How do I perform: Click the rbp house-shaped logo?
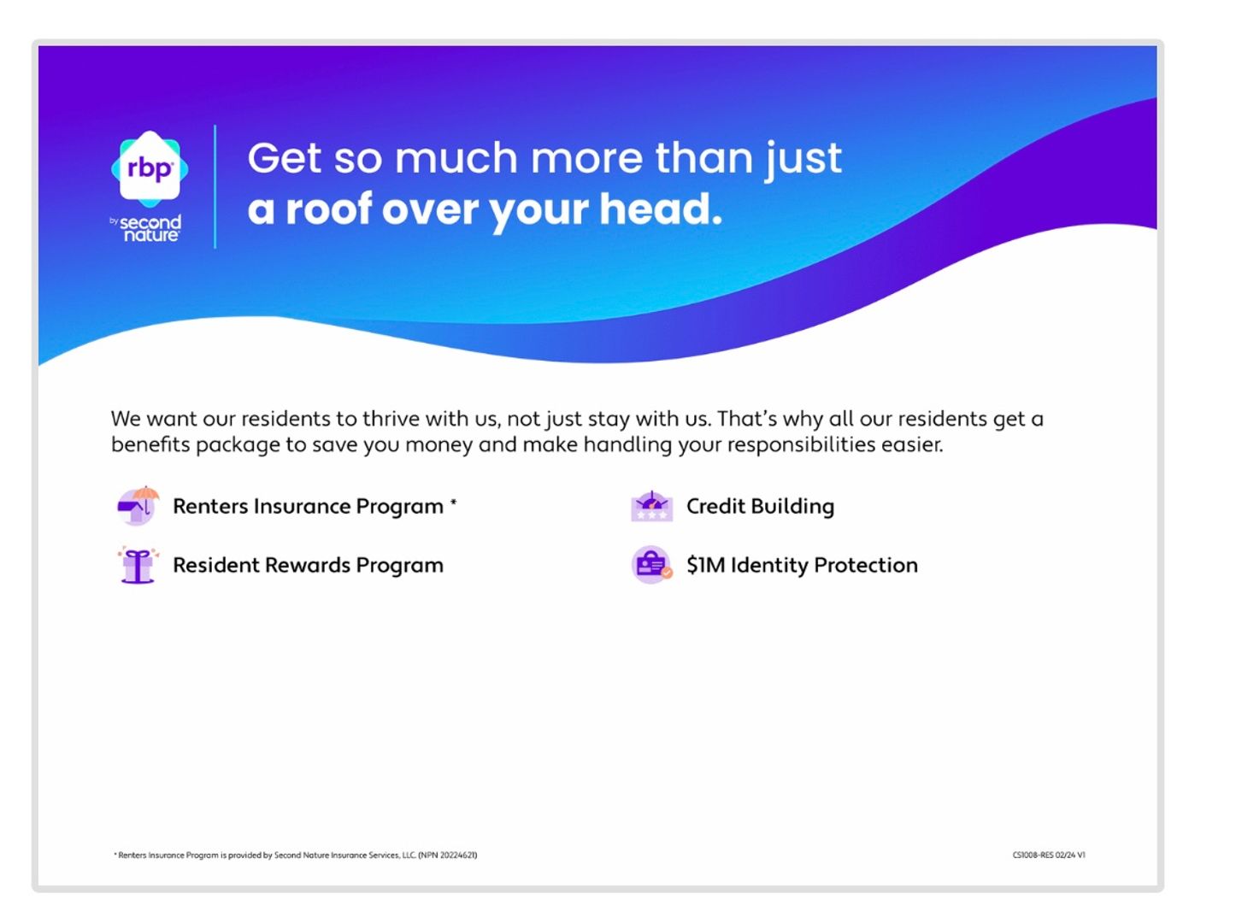[x=150, y=168]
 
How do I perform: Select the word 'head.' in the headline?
[x=661, y=209]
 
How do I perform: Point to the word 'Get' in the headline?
[x=285, y=158]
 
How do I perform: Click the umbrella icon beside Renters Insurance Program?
[x=138, y=505]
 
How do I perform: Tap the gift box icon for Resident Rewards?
[x=138, y=565]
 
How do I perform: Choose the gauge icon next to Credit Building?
[x=651, y=505]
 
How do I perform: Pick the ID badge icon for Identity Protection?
[x=651, y=565]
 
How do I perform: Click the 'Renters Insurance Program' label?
[x=308, y=507]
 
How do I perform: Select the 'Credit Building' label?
[x=760, y=506]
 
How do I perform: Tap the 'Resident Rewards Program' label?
[x=308, y=565]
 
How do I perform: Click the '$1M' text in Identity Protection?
[x=705, y=565]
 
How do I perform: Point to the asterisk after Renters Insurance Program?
[x=453, y=502]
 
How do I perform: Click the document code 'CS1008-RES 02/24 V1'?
[x=1049, y=855]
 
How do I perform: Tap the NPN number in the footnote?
[x=448, y=855]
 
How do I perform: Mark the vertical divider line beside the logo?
[x=215, y=186]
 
